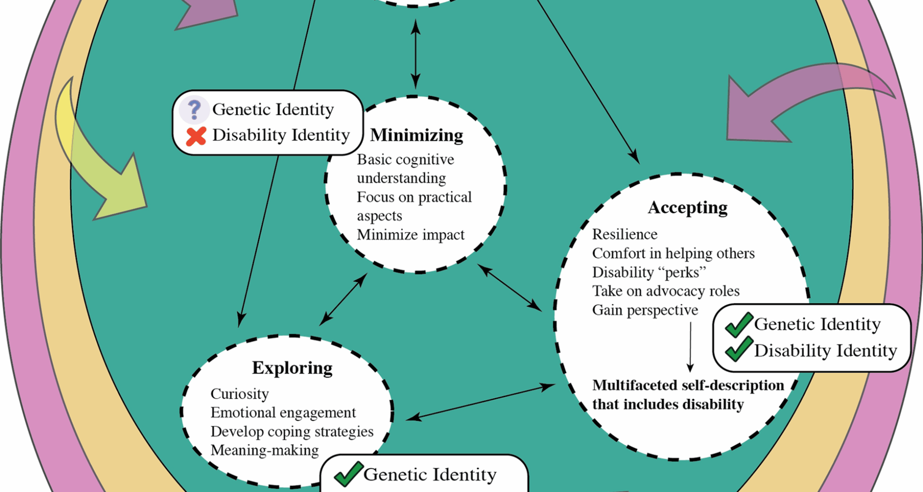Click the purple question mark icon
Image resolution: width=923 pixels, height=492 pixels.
point(194,110)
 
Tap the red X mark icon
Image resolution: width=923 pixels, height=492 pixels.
point(196,136)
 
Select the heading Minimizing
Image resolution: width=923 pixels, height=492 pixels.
point(416,135)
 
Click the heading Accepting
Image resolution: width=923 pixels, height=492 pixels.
point(687,208)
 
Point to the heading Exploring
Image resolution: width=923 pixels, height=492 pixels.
point(292,368)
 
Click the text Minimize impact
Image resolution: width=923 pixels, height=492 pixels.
point(411,235)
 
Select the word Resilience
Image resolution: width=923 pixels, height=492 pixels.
point(624,234)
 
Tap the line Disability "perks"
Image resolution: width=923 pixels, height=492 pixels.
point(649,272)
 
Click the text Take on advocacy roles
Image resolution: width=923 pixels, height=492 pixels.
point(666,291)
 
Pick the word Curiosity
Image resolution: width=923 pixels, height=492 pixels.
point(239,394)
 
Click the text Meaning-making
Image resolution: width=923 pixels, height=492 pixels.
point(264,451)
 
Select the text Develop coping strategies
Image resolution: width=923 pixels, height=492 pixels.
point(292,431)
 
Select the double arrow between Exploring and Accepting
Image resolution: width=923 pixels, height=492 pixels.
point(481,402)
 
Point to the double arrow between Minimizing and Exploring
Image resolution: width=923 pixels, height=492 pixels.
point(343,299)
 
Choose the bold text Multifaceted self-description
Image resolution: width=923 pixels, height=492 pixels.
point(688,385)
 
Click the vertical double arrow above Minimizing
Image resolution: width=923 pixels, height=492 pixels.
point(416,54)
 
